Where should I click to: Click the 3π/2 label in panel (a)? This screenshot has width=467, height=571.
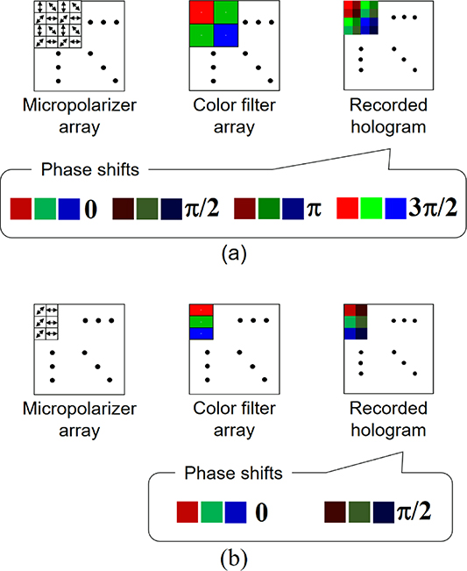[x=436, y=211]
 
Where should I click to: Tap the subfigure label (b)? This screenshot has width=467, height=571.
[x=233, y=555]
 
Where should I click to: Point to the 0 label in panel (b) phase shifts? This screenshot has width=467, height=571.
[x=260, y=511]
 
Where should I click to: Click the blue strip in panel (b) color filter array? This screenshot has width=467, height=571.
[x=202, y=332]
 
